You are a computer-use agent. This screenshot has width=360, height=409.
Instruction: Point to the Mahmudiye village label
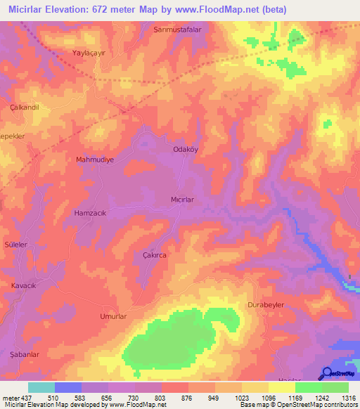pos(95,160)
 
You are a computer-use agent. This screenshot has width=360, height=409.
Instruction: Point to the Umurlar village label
pos(113,317)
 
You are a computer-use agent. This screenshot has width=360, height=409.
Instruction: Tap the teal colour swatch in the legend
pos(41,387)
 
